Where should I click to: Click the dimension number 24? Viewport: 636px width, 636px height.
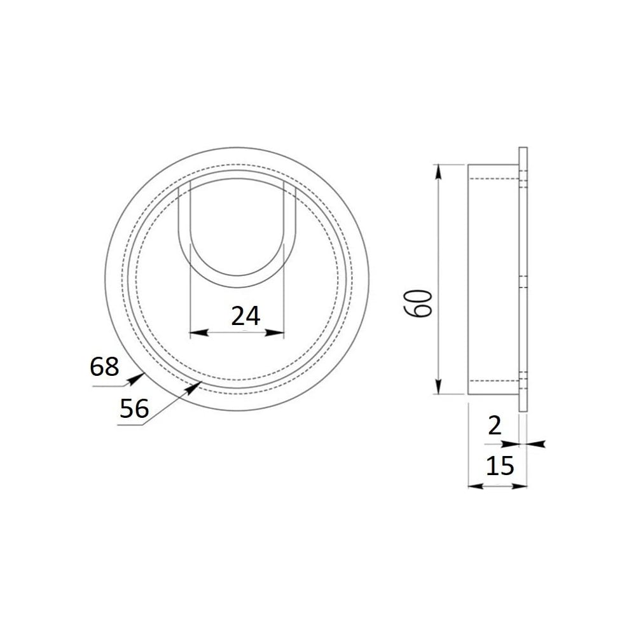tap(245, 316)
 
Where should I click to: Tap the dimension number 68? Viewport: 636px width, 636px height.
tap(104, 367)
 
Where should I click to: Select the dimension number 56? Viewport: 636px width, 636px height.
tap(134, 408)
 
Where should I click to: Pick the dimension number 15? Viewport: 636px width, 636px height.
tap(500, 466)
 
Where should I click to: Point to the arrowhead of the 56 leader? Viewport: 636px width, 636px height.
tap(193, 388)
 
